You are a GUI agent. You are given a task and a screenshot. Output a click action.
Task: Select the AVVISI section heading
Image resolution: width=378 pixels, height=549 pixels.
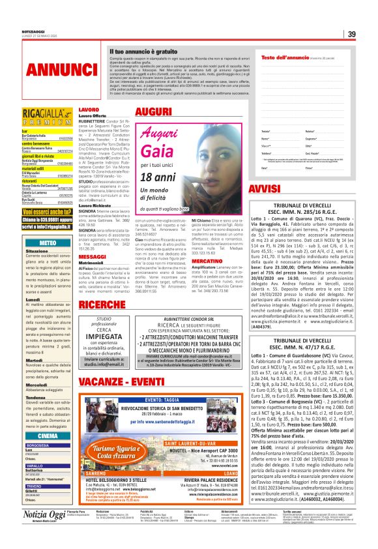280,189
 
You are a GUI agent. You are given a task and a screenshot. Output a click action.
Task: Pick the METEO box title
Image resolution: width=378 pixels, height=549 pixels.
48,242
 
